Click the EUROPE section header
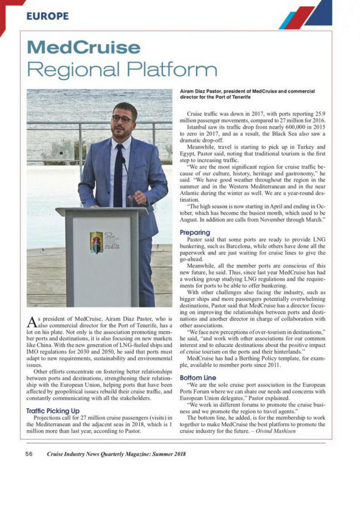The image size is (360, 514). tap(47, 16)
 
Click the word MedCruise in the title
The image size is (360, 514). tap(83, 48)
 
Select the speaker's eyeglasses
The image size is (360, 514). tap(122, 119)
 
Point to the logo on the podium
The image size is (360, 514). tap(97, 242)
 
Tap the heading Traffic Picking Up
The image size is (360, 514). tap(53, 411)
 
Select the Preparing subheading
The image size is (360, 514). tap(195, 233)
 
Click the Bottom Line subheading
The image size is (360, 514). tap(198, 378)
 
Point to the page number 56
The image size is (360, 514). tap(29, 454)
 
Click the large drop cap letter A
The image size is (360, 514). tap(32, 322)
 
